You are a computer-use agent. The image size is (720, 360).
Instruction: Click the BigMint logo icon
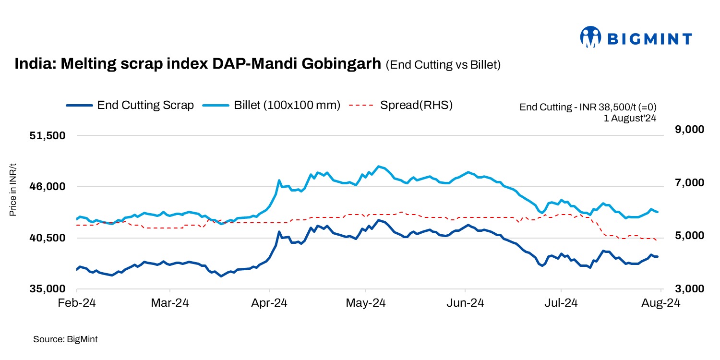[591, 37]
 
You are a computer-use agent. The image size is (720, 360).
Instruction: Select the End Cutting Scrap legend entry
[130, 105]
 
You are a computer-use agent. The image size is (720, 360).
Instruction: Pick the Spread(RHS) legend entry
[401, 105]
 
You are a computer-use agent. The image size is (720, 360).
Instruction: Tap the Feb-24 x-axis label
[77, 303]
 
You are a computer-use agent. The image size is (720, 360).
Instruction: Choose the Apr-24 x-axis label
[270, 303]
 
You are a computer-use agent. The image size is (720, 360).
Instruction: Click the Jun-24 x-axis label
[465, 303]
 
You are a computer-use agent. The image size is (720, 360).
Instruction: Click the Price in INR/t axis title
[13, 190]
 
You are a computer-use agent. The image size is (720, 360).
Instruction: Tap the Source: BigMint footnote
[65, 339]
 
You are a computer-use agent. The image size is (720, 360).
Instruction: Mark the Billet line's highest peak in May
[379, 166]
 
